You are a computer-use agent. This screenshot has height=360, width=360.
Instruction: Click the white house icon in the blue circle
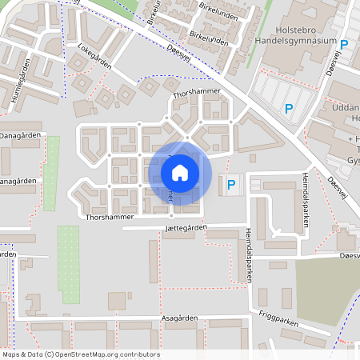(x=180, y=172)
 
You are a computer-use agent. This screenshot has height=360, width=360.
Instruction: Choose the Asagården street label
(x=177, y=318)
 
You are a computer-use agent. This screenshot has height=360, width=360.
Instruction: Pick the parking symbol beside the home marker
(x=232, y=186)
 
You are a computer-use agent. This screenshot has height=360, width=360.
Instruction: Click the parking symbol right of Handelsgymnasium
(x=345, y=45)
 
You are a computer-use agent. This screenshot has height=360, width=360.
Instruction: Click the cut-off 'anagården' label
(x=18, y=182)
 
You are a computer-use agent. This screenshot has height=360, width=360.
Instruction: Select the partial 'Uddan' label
(x=346, y=107)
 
